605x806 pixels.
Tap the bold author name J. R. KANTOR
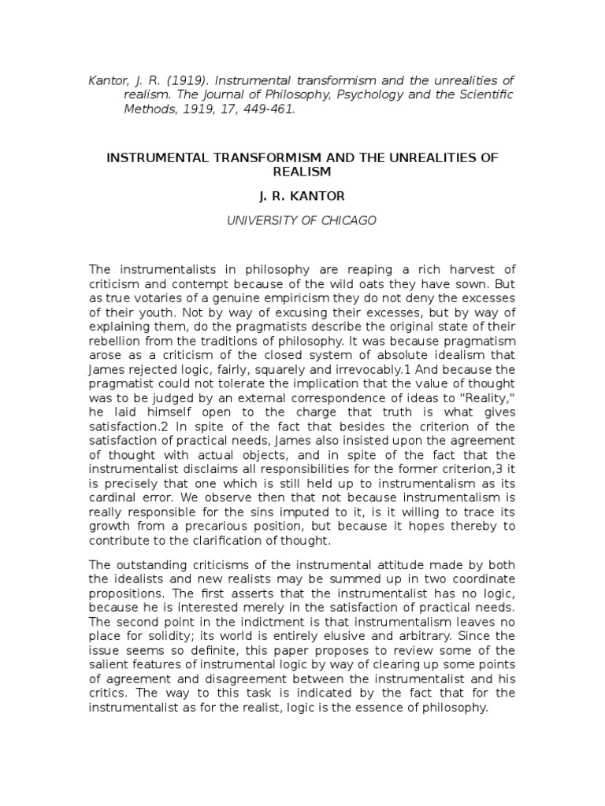[302, 195]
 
